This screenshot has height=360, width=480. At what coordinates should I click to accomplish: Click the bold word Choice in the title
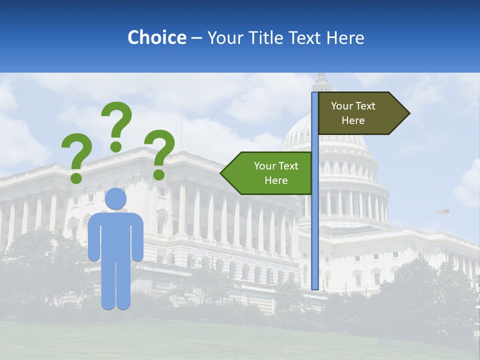coord(156,37)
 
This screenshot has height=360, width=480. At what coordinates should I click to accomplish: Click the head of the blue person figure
coord(115,198)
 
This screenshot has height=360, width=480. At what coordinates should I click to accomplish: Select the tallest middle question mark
coord(117,122)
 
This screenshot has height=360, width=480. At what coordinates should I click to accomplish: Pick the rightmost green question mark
coord(159,152)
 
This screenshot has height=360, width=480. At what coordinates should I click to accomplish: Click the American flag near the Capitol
coord(443,212)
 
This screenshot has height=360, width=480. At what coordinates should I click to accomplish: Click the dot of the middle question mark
coord(116,146)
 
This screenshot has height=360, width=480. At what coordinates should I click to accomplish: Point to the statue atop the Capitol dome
coord(321,79)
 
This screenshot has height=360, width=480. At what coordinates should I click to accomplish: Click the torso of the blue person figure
coord(115,235)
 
